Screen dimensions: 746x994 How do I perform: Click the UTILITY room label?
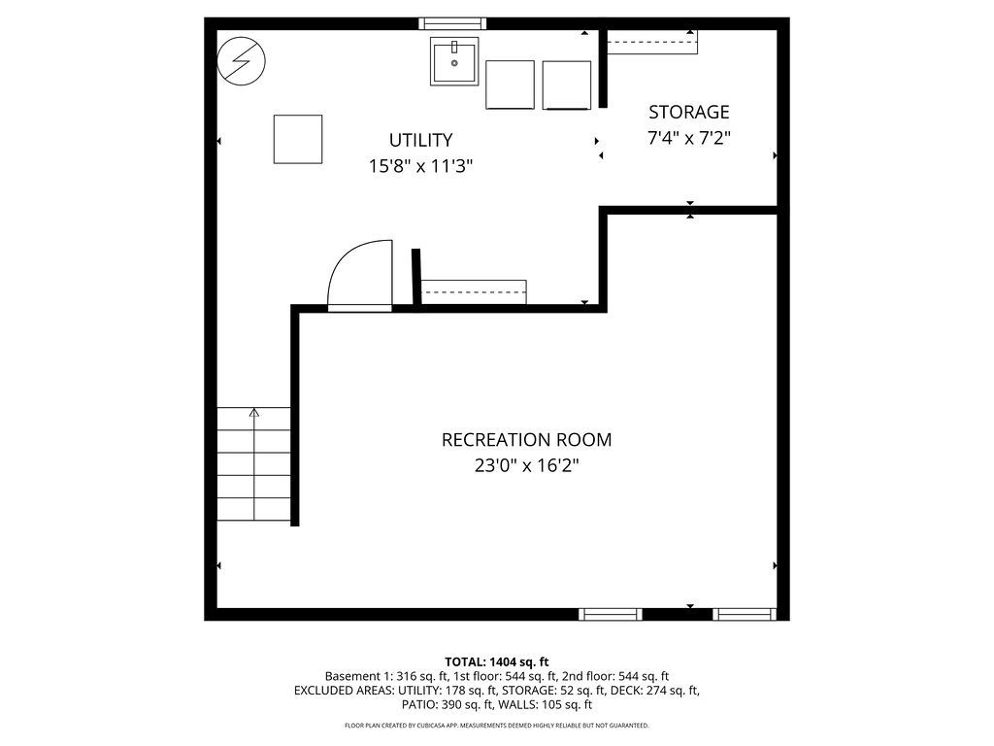420,140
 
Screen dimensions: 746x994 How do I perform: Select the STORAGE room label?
688,112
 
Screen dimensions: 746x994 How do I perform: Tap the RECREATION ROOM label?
526,440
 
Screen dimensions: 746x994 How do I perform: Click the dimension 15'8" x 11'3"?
420,166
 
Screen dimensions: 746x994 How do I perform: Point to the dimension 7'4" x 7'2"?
688,138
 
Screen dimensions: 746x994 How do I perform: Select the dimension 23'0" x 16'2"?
526,466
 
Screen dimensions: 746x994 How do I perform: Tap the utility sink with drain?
454,61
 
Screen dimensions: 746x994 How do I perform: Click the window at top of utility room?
452,23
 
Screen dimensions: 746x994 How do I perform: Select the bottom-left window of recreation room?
611,614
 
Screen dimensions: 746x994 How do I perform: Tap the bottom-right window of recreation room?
745,614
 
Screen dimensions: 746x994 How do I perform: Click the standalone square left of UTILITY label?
297,139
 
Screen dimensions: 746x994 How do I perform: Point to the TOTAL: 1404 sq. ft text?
497,661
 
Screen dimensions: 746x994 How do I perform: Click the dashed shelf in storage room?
651,43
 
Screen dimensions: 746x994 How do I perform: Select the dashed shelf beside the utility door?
474,291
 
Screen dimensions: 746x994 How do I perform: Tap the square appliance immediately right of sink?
510,85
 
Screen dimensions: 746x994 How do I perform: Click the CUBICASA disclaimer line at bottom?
497,726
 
